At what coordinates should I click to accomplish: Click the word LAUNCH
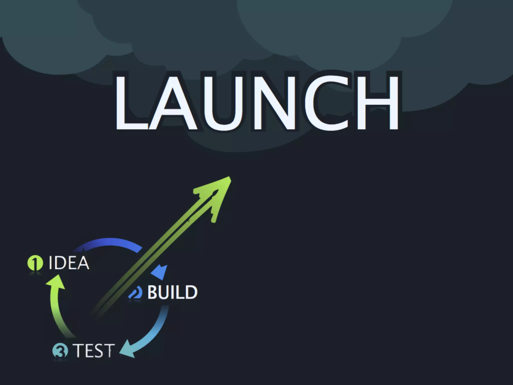tap(257, 102)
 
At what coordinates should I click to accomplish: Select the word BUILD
tap(172, 292)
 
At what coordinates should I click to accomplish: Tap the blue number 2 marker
tap(136, 292)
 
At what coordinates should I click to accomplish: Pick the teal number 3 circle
tap(60, 350)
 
